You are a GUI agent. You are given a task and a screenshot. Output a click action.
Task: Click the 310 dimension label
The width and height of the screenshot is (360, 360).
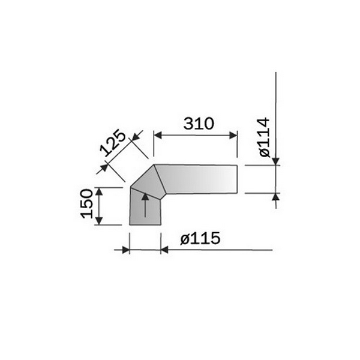click(199, 124)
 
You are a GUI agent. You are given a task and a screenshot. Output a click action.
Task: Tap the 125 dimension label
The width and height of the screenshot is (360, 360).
click(113, 143)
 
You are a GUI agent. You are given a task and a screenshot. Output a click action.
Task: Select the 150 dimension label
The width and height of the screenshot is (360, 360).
click(87, 203)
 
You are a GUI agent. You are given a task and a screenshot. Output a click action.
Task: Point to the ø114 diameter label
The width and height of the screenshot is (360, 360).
click(265, 137)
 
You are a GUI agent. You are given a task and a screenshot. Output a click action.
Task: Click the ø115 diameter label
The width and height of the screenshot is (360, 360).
click(200, 238)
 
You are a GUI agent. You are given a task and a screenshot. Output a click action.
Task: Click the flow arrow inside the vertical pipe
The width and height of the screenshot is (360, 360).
click(145, 205)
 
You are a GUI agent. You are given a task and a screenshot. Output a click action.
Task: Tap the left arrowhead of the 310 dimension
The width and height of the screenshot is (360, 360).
click(158, 136)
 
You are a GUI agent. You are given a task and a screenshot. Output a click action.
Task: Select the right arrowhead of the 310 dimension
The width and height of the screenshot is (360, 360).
click(233, 136)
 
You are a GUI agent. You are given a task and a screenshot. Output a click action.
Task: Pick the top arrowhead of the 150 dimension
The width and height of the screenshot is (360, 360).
click(99, 191)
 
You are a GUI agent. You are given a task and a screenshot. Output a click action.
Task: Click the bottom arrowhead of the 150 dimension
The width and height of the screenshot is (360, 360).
click(99, 221)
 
